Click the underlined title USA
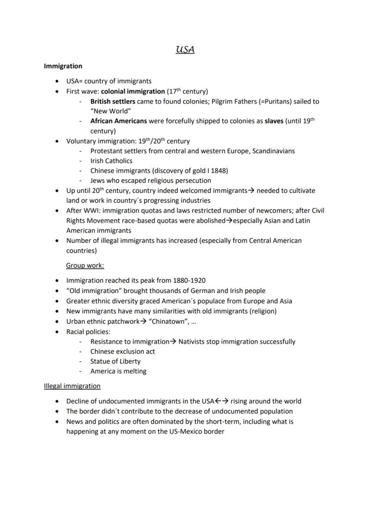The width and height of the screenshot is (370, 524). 185,50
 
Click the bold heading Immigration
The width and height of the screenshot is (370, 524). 63,66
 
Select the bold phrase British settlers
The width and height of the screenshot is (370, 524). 113,102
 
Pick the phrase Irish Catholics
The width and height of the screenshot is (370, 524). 111,161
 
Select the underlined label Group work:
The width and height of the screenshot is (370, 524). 85,265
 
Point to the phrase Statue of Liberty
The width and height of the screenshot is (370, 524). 115,361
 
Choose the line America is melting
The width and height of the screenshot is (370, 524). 118,371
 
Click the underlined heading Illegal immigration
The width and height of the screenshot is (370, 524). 72,386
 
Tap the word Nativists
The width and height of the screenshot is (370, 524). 193,341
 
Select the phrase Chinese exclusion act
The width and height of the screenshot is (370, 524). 122,351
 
